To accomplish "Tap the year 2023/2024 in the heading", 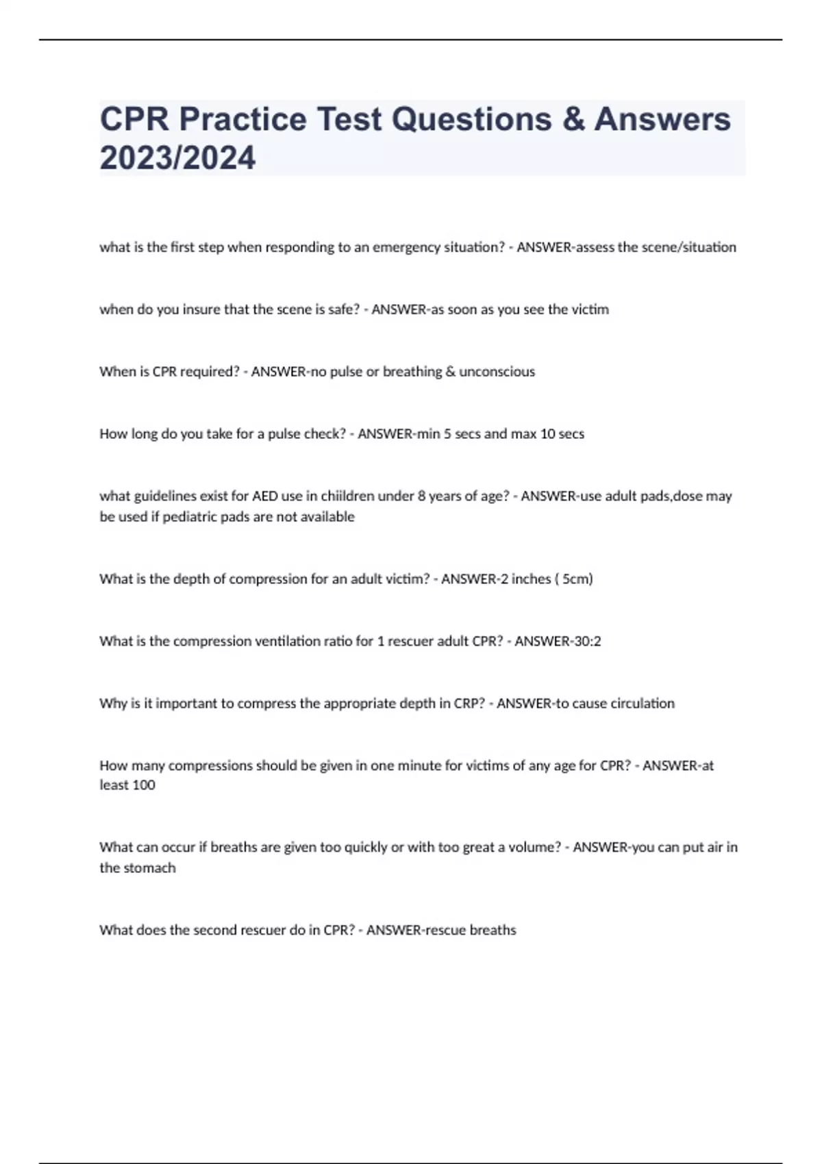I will [177, 158].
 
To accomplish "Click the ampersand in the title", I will [573, 119].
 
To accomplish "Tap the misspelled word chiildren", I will [349, 496].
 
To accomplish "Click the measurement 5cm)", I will [577, 579].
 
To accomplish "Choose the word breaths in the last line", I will [493, 931].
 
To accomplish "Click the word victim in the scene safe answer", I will [590, 309].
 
